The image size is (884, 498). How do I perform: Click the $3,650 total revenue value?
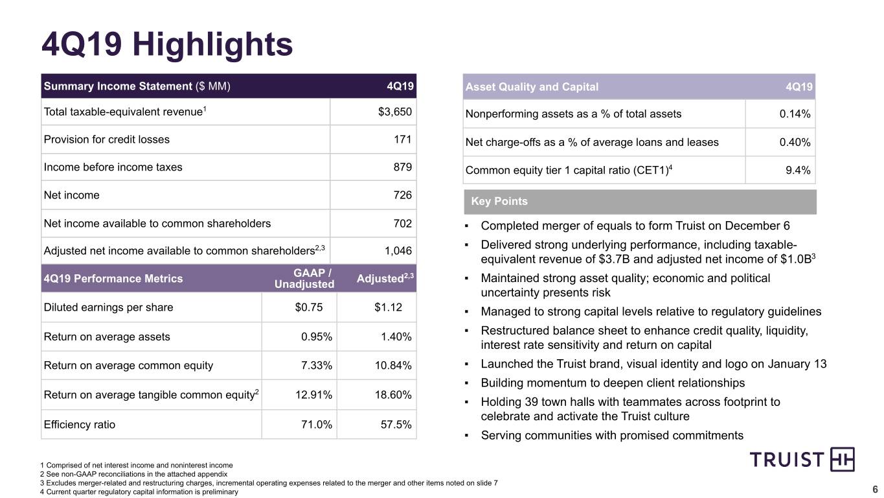(x=394, y=112)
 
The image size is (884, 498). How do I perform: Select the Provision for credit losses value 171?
(x=403, y=139)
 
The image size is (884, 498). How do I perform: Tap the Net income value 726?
(x=403, y=195)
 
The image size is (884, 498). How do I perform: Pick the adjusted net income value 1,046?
(x=398, y=250)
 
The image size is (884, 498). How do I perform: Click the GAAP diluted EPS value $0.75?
(x=309, y=307)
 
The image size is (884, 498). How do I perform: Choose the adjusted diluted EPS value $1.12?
(x=389, y=307)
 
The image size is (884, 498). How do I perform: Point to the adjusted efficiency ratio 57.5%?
(x=396, y=425)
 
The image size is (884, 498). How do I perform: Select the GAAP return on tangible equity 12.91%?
(x=313, y=394)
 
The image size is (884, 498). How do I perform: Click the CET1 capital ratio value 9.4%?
(x=798, y=170)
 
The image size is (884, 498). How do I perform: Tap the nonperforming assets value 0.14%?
(x=795, y=114)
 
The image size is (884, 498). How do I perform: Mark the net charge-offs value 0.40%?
(x=795, y=142)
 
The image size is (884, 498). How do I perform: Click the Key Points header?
(x=499, y=201)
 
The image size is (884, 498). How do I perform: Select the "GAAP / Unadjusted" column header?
(x=304, y=278)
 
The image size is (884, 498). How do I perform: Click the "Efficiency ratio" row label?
(x=79, y=425)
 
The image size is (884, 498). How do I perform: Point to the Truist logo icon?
(x=843, y=459)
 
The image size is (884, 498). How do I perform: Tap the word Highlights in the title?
(x=212, y=44)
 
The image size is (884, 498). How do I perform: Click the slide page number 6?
(x=875, y=490)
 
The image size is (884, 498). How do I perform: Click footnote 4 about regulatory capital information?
(x=139, y=492)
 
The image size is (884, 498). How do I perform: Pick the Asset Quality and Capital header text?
(x=532, y=86)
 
